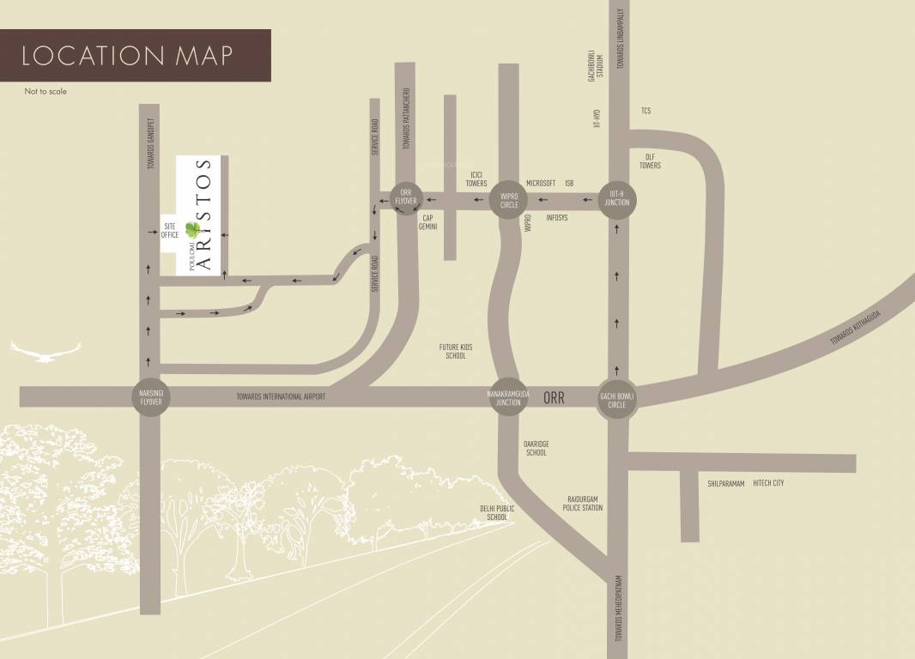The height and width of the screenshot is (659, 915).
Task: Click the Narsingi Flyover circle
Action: [x=150, y=396]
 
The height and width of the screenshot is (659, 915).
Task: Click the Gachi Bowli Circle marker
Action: [x=617, y=399]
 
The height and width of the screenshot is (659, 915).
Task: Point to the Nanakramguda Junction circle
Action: [x=507, y=396]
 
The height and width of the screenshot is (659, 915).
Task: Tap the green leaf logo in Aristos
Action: [x=193, y=229]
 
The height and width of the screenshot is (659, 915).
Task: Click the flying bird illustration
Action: [x=45, y=350]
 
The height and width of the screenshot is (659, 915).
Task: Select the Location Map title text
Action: [x=127, y=56]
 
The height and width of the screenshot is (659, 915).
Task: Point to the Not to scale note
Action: [x=45, y=91]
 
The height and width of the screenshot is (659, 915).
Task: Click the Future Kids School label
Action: [x=456, y=351]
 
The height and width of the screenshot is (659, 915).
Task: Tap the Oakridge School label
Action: [x=536, y=448]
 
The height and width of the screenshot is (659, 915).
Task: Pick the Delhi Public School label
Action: [x=497, y=513]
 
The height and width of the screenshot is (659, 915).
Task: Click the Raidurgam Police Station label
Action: [x=584, y=503]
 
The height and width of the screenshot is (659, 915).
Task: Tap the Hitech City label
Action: [x=768, y=483]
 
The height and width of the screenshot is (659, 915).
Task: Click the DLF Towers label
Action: [x=650, y=160]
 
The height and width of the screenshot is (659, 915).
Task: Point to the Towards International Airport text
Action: [x=281, y=397]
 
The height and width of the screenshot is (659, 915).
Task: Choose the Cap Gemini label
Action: [x=428, y=222]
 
